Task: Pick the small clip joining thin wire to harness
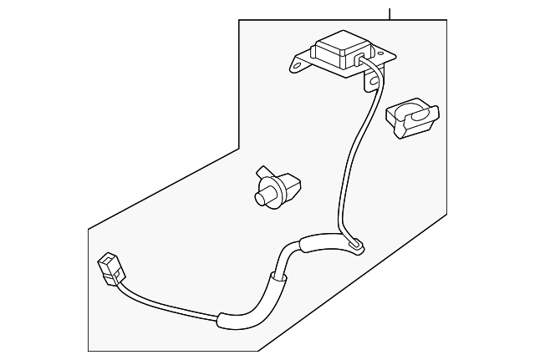357,245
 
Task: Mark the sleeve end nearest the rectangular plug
222,318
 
